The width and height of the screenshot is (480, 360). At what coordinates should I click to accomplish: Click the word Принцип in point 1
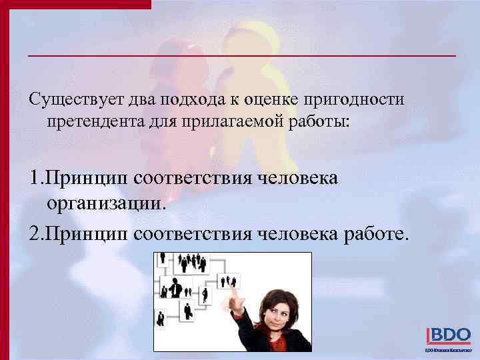(91, 179)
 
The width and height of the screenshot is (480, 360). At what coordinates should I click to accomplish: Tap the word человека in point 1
(298, 179)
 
